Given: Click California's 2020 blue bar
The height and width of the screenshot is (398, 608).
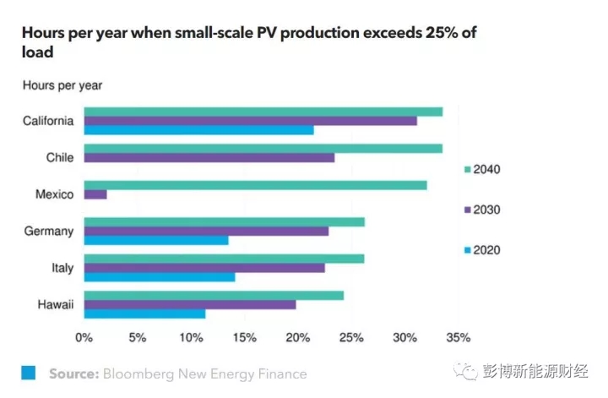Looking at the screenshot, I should click(198, 130).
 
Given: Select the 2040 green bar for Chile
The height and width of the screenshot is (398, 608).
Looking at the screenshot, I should click(263, 149).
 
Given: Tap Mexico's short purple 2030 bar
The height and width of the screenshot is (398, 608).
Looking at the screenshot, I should click(95, 194).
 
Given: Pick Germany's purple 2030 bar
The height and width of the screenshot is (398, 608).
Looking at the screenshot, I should click(206, 232).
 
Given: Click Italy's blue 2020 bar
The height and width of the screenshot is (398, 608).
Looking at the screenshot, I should click(160, 277).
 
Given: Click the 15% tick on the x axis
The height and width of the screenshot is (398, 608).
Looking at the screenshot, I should click(244, 338).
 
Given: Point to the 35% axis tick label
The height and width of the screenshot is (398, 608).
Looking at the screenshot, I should click(458, 338).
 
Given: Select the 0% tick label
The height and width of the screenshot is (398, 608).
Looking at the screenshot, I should click(84, 338).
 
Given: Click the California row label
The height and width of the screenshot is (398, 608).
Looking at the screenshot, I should click(48, 121).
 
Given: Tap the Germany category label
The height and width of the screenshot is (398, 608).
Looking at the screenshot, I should click(49, 232).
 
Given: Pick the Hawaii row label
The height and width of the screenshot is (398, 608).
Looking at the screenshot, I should click(55, 305).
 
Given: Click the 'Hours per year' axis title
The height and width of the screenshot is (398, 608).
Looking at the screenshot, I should click(62, 85).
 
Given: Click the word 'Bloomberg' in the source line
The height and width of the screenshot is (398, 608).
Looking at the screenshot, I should click(139, 373).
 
